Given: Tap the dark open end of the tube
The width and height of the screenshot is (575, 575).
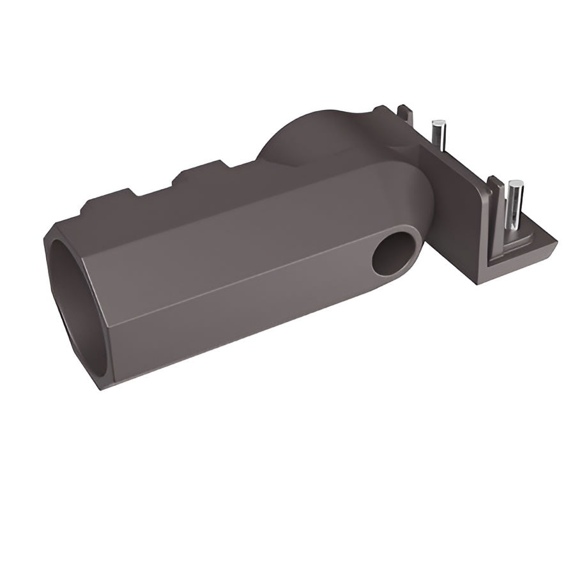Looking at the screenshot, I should tap(77, 300).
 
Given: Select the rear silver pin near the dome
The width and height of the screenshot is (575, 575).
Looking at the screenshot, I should tap(438, 135).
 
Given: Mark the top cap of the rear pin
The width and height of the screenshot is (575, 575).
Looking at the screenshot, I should tap(439, 123).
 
